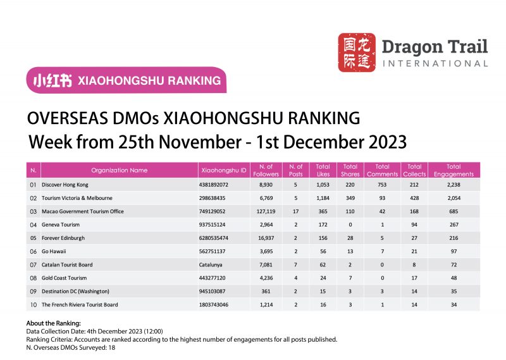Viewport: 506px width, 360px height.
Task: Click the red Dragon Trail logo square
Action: click(357, 52)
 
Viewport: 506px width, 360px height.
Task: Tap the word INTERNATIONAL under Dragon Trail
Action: click(435, 63)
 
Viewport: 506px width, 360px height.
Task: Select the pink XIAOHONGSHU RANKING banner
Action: click(126, 80)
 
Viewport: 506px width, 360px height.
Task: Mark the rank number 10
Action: click(33, 304)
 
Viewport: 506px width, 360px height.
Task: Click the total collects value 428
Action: click(415, 198)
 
